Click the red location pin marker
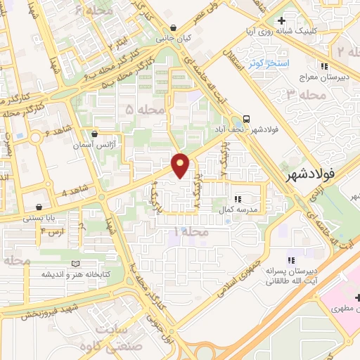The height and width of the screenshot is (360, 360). coord(181,165)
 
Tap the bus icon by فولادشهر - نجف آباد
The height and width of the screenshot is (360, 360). coord(247,119)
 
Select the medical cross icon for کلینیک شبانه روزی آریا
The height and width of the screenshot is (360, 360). coord(282,21)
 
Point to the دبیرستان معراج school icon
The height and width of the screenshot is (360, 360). coord(324,66)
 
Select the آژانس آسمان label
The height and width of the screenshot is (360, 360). coord(94,145)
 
